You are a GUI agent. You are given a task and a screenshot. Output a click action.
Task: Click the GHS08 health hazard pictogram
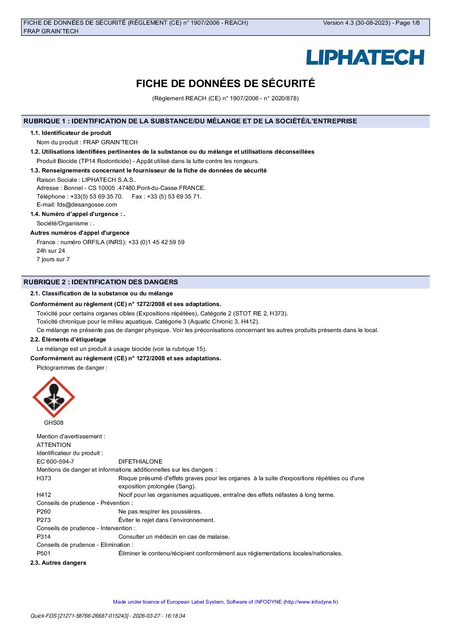coord(54,397)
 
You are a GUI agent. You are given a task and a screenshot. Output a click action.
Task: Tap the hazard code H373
coord(44,479)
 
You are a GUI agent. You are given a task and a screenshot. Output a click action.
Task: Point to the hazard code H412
coord(44,495)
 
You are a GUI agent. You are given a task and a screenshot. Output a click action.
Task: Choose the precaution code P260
coord(44,512)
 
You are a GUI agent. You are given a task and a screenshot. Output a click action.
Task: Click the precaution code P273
coord(44,520)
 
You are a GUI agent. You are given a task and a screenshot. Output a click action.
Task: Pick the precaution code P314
coord(44,537)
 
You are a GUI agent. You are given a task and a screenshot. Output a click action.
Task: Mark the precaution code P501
coord(44,554)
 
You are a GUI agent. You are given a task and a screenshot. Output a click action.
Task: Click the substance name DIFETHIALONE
coord(140,462)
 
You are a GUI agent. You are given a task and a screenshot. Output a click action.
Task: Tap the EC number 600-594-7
coord(55,462)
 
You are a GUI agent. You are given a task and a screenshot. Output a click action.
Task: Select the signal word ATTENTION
coord(54,445)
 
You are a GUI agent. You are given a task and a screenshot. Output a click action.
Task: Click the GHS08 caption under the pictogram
coord(54,423)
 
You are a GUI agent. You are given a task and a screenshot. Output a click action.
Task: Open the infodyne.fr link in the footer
coord(311,602)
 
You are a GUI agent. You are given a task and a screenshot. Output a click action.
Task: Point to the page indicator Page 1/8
coord(408,23)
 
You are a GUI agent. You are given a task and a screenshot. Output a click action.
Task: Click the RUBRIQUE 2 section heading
coord(101,282)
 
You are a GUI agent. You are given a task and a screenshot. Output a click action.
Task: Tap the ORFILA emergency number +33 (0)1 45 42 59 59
coord(156,242)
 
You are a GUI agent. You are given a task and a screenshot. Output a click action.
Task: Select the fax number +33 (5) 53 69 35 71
coord(174,197)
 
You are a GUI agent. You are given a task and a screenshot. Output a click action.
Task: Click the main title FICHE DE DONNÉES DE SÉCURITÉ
coord(225,84)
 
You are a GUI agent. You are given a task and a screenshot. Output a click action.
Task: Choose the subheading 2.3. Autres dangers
coord(58,563)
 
